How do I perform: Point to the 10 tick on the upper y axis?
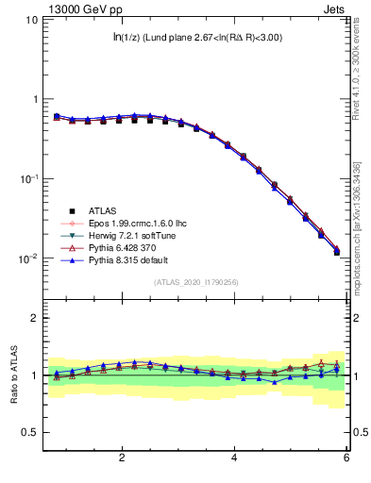30,20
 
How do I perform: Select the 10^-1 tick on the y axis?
28,178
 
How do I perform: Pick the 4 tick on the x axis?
234,459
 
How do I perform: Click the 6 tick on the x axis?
346,459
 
